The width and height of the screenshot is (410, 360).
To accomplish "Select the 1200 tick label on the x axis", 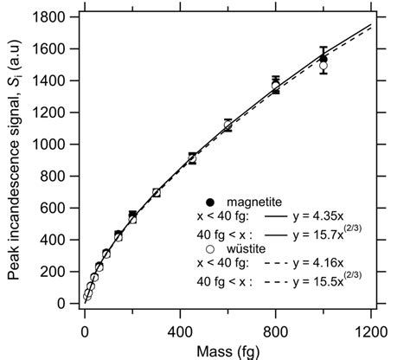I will coord(370,330).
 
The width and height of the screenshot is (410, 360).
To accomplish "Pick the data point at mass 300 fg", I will coord(157,193).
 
